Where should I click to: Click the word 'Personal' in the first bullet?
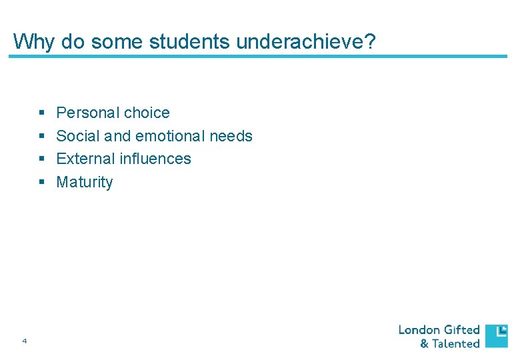(x=83, y=113)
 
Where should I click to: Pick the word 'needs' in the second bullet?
(x=231, y=136)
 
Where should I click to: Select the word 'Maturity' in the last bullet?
(x=85, y=182)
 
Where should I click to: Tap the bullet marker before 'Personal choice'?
(x=42, y=113)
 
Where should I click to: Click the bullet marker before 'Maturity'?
(x=42, y=183)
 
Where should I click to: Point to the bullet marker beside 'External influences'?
(x=42, y=159)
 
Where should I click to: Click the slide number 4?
(x=24, y=341)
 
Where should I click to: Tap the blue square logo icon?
(x=496, y=336)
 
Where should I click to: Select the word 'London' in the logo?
(x=419, y=330)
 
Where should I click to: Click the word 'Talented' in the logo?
(x=456, y=344)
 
